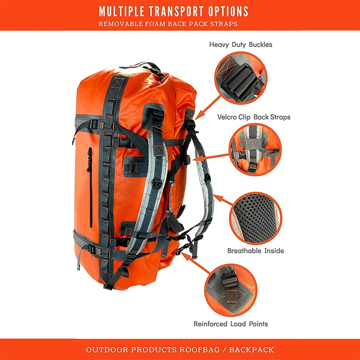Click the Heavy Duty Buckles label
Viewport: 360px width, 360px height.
241,44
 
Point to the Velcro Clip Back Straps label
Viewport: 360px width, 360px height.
254,117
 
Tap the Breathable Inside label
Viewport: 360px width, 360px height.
256,251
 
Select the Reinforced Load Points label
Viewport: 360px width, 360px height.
231,324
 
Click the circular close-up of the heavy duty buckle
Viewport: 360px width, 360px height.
241,78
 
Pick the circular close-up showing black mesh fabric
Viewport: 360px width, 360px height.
256,218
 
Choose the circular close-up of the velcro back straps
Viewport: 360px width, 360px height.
255,150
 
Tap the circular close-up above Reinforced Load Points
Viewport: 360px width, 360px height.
231,290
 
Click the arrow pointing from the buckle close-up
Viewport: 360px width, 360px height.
208,108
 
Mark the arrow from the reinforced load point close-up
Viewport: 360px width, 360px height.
196,264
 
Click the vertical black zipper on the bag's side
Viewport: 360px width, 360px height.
90,187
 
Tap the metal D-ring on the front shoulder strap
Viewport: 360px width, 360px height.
157,185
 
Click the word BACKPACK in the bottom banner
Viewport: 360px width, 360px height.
252,350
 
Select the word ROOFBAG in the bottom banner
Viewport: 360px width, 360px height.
199,350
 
